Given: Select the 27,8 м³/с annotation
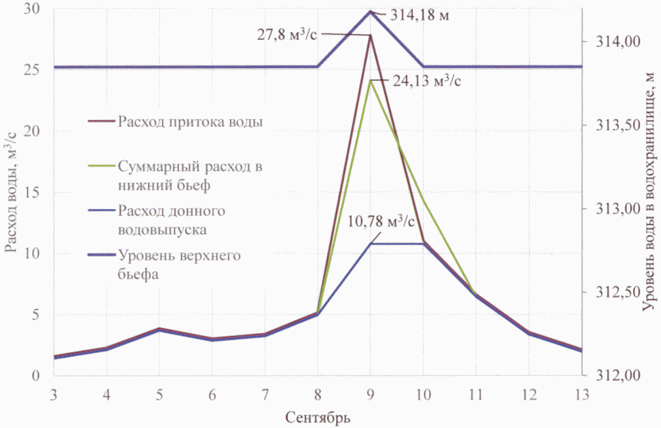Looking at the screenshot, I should pos(288,35).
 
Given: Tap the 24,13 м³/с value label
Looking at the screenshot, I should pos(422,82).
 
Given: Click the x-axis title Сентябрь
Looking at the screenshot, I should pos(318,416).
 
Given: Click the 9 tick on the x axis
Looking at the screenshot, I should pos(371,395).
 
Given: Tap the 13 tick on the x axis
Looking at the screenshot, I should pos(581,395).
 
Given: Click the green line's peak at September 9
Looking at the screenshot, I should pos(370,80).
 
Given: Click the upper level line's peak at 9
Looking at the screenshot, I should pos(370,11).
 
